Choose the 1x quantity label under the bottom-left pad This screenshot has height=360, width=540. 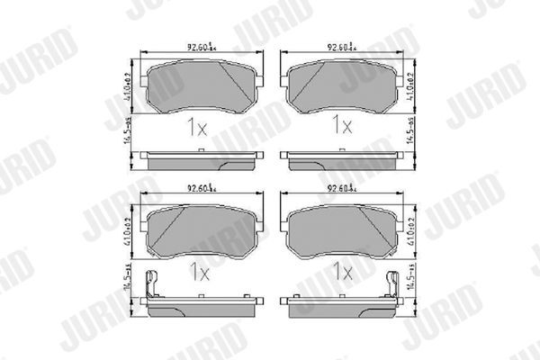pyautogui.click(x=196, y=269)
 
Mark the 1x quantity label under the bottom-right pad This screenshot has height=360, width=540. pyautogui.click(x=342, y=269)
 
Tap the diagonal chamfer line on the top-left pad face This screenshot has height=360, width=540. pyautogui.click(x=238, y=85)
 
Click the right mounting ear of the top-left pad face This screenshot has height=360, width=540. pyautogui.click(x=257, y=79)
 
